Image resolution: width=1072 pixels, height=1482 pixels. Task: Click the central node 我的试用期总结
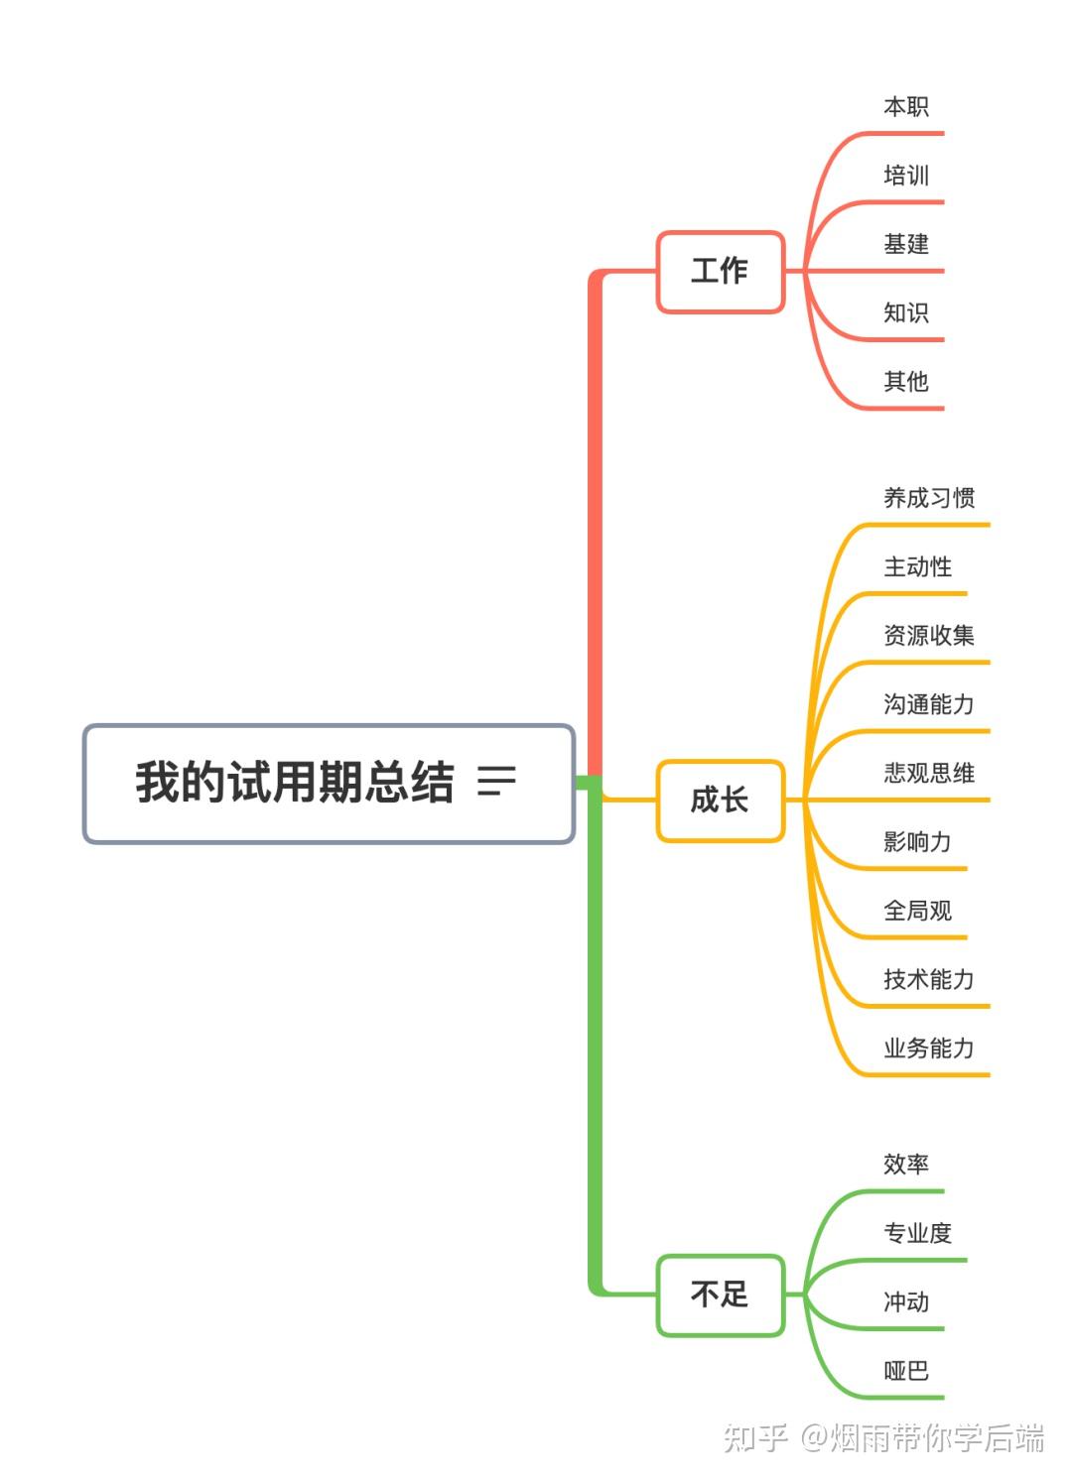pos(294,783)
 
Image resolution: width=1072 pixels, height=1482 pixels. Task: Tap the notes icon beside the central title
pos(496,782)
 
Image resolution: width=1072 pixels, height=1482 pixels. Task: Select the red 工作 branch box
pos(720,271)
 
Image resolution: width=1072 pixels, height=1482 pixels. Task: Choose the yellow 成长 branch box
pos(720,800)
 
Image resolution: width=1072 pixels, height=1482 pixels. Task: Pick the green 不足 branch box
pos(720,1295)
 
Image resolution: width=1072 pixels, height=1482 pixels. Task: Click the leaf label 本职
pos(905,107)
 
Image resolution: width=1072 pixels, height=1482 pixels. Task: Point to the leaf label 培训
pos(905,176)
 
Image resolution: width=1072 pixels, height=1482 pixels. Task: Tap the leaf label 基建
pos(905,244)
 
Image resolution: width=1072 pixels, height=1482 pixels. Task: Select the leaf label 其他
pos(905,382)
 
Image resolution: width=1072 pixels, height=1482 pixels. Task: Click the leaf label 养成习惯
pos(929,498)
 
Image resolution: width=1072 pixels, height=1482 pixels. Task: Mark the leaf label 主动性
pos(917,567)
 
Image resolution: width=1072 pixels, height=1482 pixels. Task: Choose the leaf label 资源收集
pos(929,636)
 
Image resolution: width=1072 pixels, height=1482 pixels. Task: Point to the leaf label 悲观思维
pos(929,774)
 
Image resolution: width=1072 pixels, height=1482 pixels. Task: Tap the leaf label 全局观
pos(917,911)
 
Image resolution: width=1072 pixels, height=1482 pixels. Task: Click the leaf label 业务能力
pos(929,1049)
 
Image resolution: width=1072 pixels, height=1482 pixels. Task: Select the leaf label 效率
pos(905,1165)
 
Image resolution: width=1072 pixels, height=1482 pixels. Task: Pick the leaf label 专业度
pos(917,1233)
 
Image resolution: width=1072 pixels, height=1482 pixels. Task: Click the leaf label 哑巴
pos(905,1371)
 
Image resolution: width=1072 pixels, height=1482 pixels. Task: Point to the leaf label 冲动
pos(905,1302)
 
